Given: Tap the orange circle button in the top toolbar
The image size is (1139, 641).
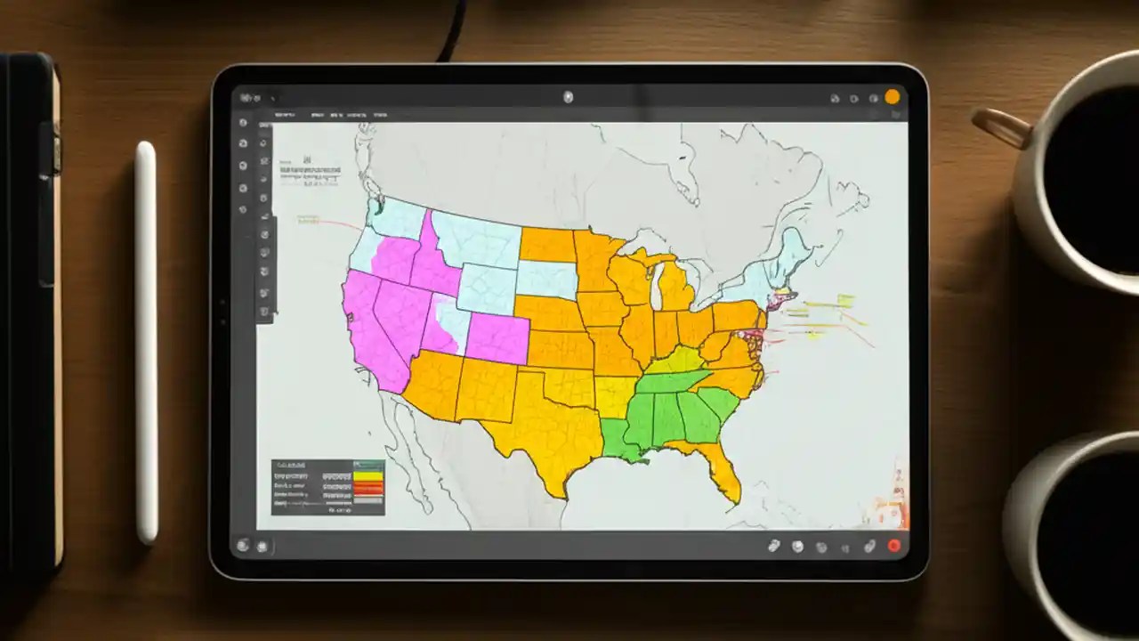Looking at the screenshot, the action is tap(892, 97).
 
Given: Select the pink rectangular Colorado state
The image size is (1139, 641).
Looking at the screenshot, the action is tap(497, 338).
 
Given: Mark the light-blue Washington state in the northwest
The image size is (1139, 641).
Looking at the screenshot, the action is tap(397, 218).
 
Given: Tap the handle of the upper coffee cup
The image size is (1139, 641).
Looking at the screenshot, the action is tap(1002, 126).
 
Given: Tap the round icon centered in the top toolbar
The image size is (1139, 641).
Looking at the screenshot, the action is tap(569, 97).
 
